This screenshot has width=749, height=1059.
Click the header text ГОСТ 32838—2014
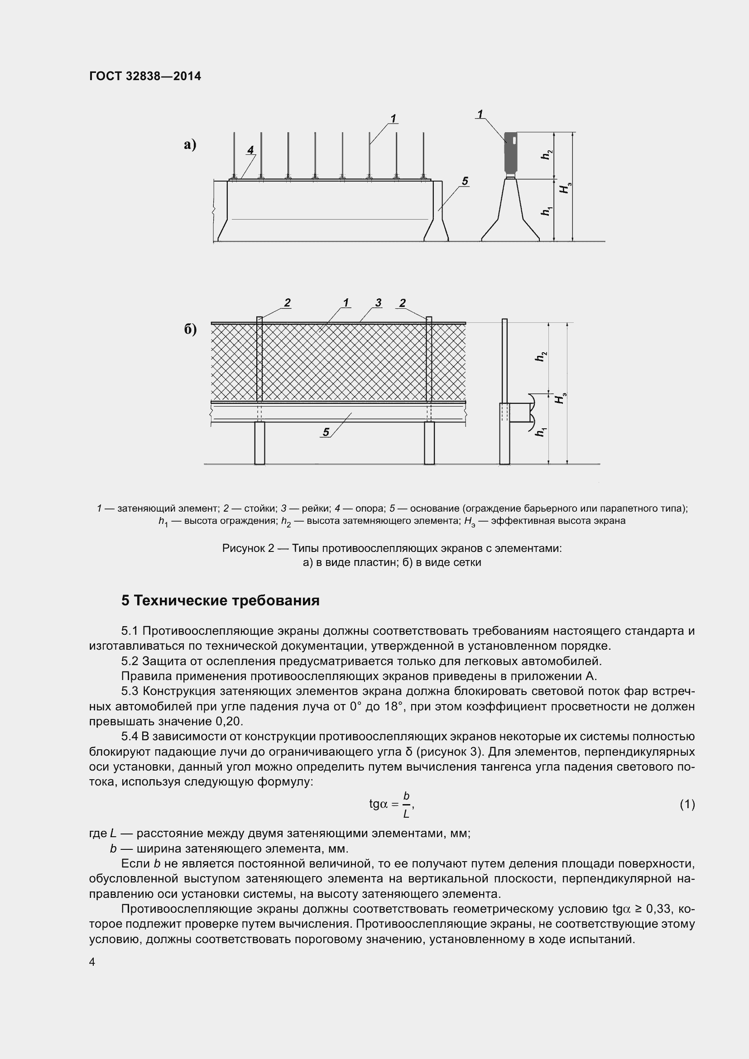point(145,76)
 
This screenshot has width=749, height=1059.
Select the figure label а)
point(190,145)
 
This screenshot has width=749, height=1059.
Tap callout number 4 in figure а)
point(250,150)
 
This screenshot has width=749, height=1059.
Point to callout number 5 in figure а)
point(465,181)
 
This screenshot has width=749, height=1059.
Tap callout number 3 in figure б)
point(378,302)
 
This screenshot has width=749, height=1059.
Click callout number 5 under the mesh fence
point(326,432)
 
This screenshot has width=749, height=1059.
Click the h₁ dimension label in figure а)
point(546,211)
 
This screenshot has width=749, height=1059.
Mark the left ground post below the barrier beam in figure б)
point(259,443)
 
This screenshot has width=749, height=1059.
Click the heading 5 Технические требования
point(221,600)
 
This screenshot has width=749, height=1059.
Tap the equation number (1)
point(687,805)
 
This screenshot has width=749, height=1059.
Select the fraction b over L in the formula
point(406,805)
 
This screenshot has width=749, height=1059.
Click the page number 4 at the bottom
point(92,962)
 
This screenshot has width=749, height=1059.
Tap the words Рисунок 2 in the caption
point(248,548)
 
